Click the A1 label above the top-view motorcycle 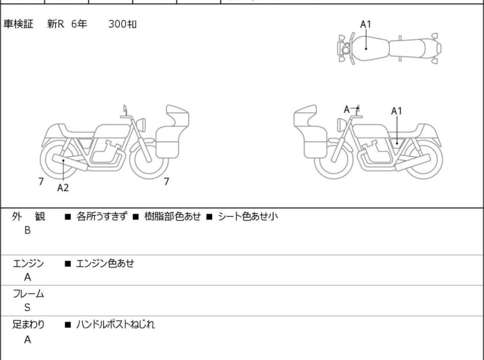(x=365, y=24)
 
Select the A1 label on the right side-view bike (x=397, y=111)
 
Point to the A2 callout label (x=63, y=188)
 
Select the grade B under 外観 (x=28, y=230)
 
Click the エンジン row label (x=28, y=263)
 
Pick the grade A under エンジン (x=28, y=277)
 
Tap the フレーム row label (x=28, y=294)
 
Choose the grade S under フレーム (x=28, y=307)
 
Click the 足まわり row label (x=28, y=325)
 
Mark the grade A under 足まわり (x=28, y=339)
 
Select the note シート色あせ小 (x=248, y=217)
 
